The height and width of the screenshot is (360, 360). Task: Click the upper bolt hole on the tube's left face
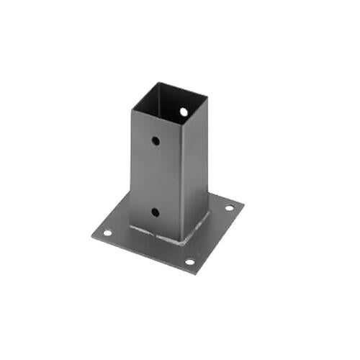[156, 141]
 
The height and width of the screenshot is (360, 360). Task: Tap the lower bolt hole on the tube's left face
[156, 212]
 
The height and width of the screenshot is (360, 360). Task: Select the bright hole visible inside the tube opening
[184, 112]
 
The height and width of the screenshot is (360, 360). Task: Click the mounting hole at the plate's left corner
[107, 233]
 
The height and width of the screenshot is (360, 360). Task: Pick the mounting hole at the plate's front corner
[189, 261]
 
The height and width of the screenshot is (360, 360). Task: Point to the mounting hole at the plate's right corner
[229, 208]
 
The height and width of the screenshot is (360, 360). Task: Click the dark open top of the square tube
[170, 101]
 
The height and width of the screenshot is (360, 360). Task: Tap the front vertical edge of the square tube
[180, 180]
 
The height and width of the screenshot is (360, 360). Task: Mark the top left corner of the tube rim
[131, 109]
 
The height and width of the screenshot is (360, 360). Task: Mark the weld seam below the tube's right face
[197, 228]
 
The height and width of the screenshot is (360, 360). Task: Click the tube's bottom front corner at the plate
[181, 242]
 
